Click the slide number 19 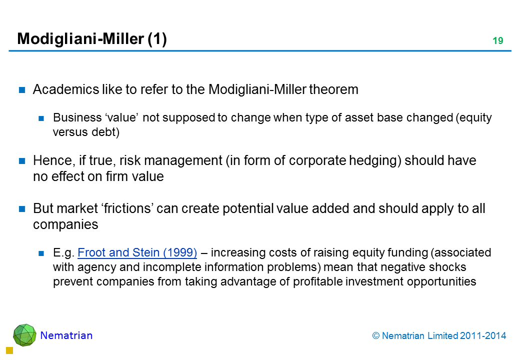point(498,41)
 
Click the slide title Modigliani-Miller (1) point(92,39)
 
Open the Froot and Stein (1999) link point(137,252)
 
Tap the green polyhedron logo point(24,335)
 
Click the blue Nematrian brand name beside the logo point(66,335)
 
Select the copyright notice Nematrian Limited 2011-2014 point(439,336)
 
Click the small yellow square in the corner point(9,350)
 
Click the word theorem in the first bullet point(333,89)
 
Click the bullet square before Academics point(22,90)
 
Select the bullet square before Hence point(22,161)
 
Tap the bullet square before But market point(22,209)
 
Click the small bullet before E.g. point(41,253)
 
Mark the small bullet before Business point(41,118)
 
